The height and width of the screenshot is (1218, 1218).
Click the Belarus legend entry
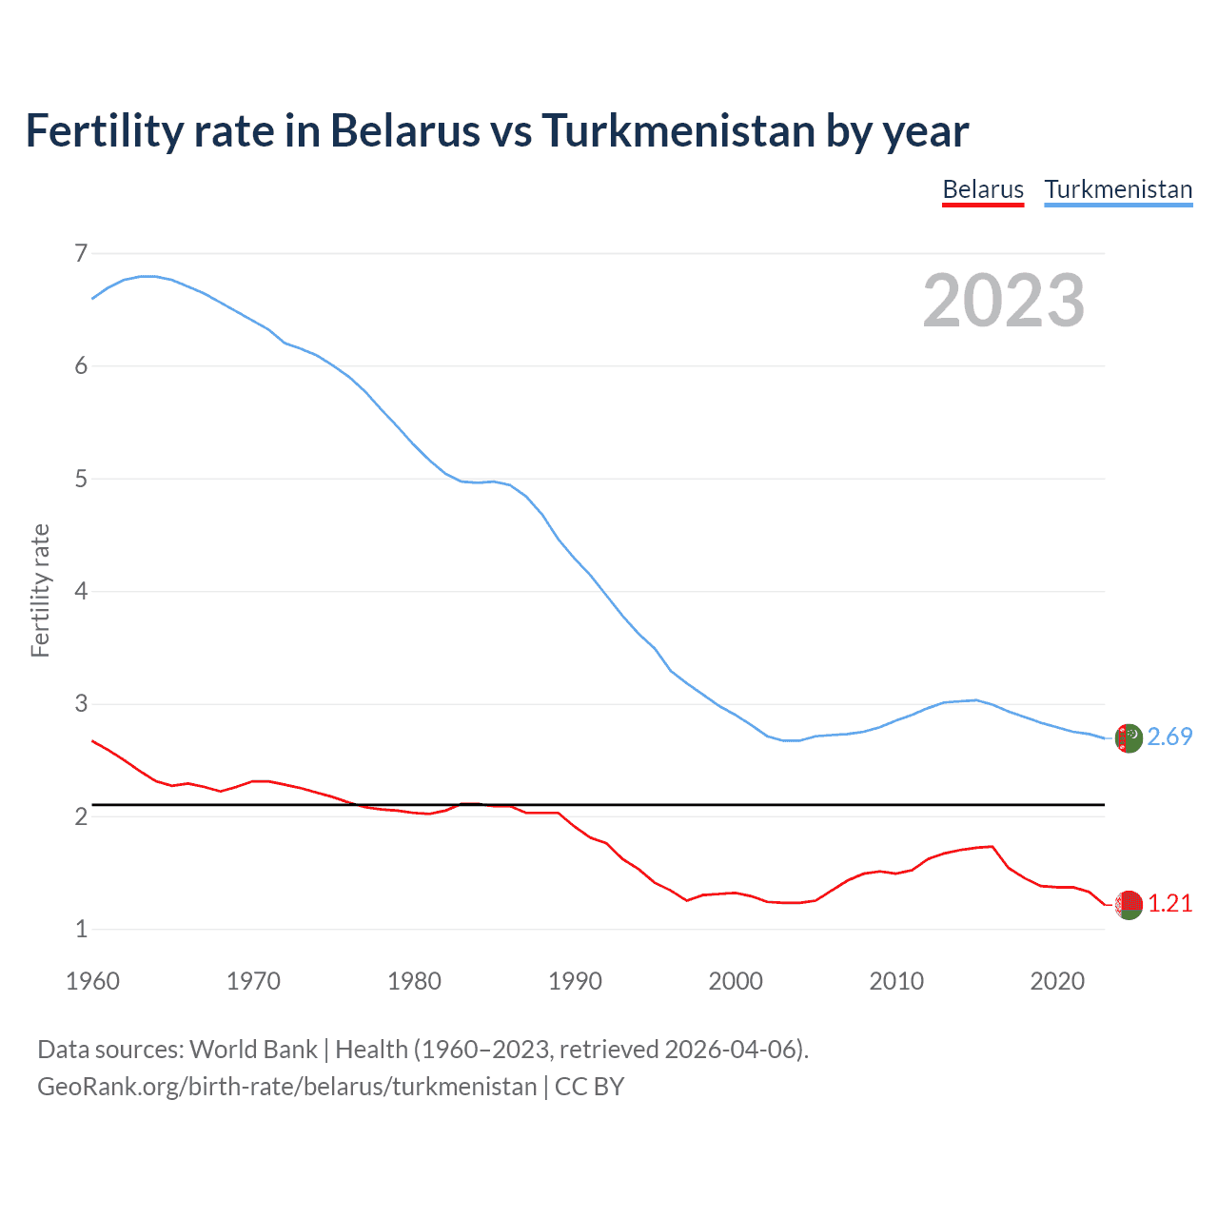tap(983, 189)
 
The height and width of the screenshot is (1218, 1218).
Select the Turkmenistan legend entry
tap(1118, 189)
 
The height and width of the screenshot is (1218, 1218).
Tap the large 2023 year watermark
tap(1004, 301)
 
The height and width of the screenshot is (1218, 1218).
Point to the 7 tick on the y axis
tap(81, 253)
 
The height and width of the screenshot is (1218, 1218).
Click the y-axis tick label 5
tap(81, 479)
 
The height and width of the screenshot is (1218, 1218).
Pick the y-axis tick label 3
tap(81, 704)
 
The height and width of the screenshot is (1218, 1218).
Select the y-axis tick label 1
tap(81, 930)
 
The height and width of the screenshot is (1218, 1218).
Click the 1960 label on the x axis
tap(92, 981)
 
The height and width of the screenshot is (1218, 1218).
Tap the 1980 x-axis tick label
tap(414, 981)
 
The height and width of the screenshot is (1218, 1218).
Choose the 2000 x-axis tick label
tap(736, 981)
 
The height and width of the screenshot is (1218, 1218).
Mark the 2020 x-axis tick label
tap(1057, 981)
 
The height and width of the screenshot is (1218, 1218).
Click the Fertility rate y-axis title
tap(40, 590)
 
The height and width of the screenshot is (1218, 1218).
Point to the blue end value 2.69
tap(1169, 737)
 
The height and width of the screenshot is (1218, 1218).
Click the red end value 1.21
tap(1169, 903)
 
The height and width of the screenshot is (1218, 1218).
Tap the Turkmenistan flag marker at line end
tap(1129, 738)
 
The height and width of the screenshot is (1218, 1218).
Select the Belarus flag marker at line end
tap(1129, 905)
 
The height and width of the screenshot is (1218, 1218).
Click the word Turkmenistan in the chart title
tap(678, 130)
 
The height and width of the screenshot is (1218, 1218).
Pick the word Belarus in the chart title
tap(404, 130)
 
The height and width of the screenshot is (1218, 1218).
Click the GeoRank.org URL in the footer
tap(286, 1087)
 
